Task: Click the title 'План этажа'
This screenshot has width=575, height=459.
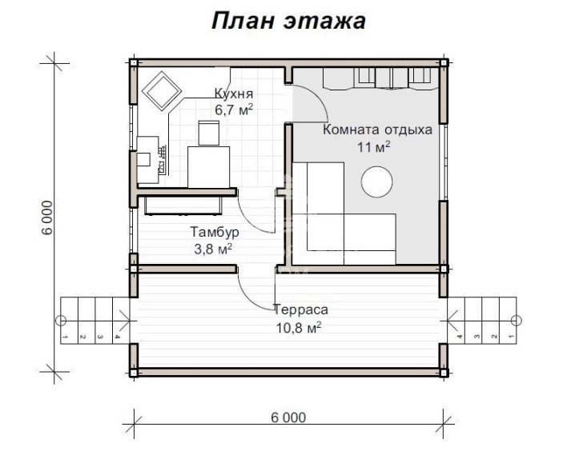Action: tap(288, 21)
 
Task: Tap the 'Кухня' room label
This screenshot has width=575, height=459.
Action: tap(234, 94)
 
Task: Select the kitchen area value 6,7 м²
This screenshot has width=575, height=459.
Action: tap(234, 110)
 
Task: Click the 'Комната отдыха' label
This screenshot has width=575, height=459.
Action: tap(377, 130)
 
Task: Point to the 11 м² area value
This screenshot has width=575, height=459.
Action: tap(374, 147)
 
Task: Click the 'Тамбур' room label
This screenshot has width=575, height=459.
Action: tap(215, 232)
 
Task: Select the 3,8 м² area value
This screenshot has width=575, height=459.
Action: tap(213, 249)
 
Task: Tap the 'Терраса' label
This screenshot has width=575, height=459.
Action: tap(301, 310)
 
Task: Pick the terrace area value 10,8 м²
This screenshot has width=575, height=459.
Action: tap(299, 327)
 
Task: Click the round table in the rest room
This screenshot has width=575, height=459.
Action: tap(376, 182)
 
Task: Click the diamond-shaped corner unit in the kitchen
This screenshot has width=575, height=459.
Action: tap(162, 91)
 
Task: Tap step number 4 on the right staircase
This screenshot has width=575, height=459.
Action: tap(460, 337)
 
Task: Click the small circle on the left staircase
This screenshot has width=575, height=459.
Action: tap(61, 321)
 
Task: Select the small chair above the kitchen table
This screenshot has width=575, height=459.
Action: tap(209, 133)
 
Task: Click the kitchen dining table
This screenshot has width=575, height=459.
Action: tap(209, 167)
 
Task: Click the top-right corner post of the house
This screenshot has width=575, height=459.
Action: tap(444, 62)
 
